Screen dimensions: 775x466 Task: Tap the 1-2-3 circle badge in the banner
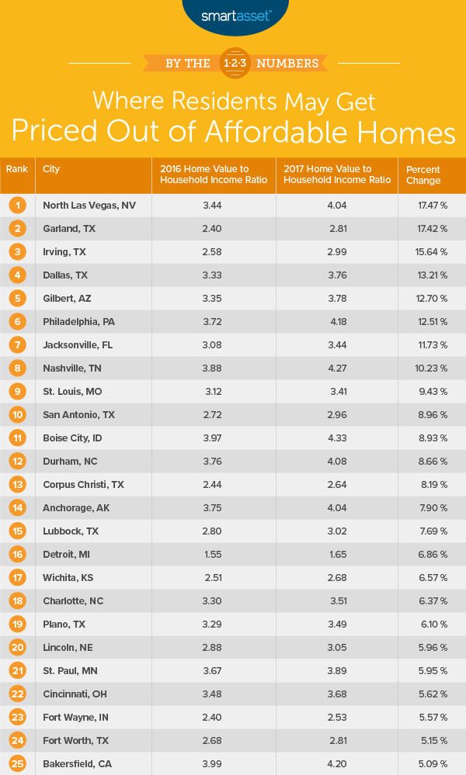tap(233, 62)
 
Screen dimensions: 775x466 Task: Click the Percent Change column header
tap(423, 175)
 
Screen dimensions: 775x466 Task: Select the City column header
tap(52, 168)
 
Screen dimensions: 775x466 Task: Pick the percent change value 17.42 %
tap(423, 229)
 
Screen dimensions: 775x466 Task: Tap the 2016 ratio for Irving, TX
tap(214, 252)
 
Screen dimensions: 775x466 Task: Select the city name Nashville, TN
tap(71, 345)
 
